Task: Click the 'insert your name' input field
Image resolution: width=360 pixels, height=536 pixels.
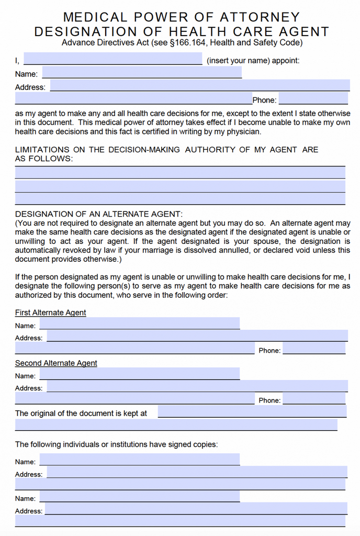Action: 113,59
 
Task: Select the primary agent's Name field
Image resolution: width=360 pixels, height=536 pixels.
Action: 142,72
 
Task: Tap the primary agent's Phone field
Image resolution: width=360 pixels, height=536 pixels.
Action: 313,98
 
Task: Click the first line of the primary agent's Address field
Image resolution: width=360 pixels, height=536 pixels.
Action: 199,85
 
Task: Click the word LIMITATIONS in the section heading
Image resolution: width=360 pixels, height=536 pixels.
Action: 43,150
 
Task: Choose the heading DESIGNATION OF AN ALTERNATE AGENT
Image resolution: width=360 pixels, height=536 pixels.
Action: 98,214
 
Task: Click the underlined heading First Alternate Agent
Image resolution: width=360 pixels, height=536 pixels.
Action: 50,312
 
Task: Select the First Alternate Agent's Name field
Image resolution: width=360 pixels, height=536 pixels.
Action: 139,323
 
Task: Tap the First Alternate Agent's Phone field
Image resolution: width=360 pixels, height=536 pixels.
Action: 314,349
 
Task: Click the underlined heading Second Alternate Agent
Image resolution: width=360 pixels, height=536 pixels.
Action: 56,363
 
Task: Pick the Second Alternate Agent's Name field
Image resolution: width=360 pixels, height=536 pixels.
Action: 139,374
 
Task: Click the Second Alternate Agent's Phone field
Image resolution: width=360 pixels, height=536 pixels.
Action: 314,399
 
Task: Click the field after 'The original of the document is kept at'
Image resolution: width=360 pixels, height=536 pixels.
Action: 252,411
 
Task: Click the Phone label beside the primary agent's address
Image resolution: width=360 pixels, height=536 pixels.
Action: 264,100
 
